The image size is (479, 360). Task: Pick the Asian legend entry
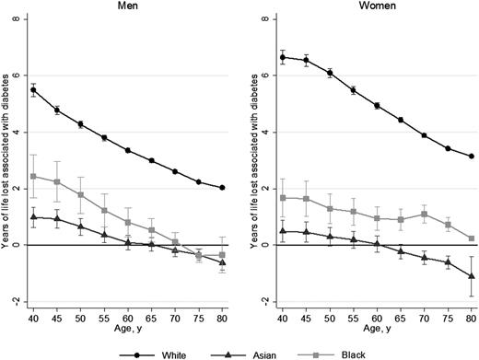[242, 350]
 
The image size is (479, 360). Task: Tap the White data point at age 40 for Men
[33, 89]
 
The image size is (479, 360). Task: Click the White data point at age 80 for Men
[224, 188]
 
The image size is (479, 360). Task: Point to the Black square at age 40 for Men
[33, 176]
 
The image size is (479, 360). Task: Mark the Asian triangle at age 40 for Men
[33, 217]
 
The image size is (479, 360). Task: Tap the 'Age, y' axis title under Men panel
[128, 325]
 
